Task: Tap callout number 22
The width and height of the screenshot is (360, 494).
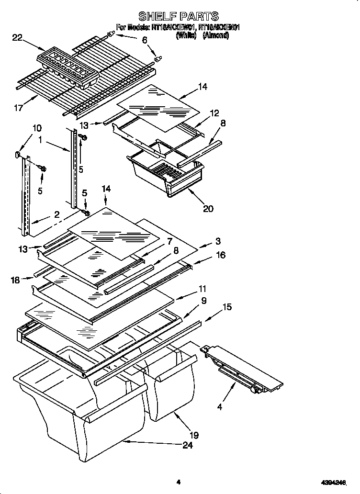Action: click(17, 38)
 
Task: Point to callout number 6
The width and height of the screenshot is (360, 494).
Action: click(144, 41)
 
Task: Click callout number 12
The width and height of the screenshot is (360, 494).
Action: click(214, 113)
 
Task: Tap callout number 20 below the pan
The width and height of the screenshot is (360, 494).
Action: click(208, 208)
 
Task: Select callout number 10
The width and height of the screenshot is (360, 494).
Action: click(37, 128)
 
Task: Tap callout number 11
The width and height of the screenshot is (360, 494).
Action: click(202, 289)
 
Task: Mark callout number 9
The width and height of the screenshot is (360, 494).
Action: click(203, 301)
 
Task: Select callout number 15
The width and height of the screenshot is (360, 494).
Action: click(227, 307)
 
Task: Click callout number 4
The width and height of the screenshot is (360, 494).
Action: click(219, 407)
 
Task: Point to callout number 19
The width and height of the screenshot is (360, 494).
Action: click(194, 435)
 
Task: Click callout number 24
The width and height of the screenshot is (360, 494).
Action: click(188, 446)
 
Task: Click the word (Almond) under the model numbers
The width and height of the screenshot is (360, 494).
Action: click(215, 35)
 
